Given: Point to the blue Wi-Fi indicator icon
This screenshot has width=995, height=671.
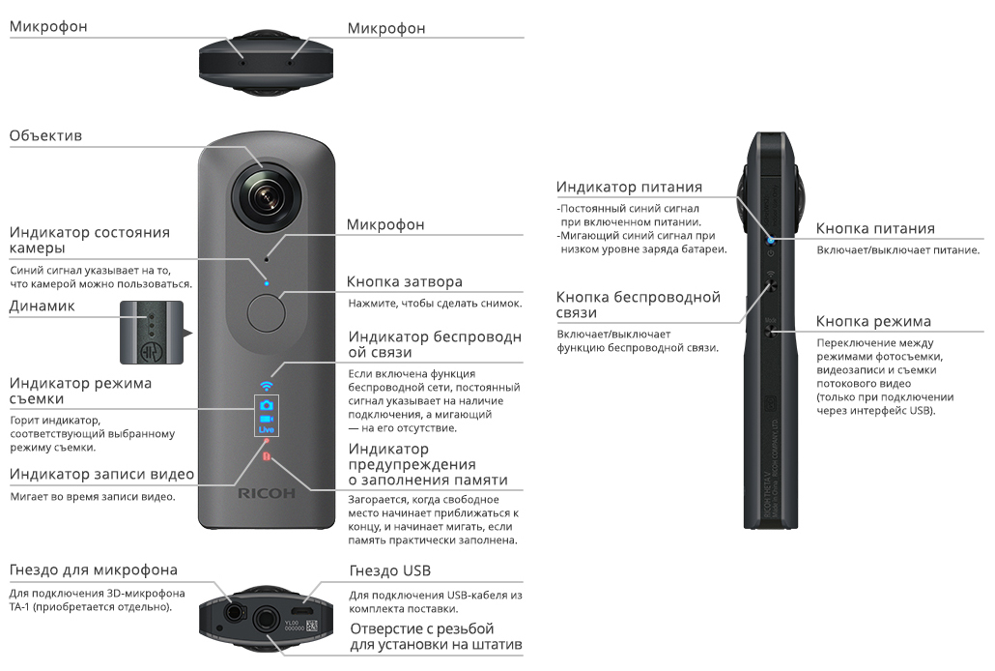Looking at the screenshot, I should (x=267, y=386).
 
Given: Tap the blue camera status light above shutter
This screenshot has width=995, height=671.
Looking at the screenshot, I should (x=267, y=284).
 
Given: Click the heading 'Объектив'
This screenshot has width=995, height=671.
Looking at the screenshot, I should (x=45, y=135).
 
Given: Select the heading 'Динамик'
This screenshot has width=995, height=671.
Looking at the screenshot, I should (x=43, y=306).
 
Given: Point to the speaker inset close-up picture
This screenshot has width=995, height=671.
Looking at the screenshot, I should (x=150, y=334).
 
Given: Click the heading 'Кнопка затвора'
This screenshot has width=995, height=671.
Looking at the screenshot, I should (x=405, y=281).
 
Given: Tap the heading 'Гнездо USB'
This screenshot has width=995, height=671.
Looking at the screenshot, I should (x=390, y=571).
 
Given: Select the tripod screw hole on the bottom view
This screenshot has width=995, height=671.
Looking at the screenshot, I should (x=264, y=616).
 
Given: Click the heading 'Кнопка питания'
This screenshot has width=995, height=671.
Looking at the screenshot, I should (x=875, y=228).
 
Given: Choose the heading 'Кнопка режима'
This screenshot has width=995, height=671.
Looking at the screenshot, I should (x=873, y=321).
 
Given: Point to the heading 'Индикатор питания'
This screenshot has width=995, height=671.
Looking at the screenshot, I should (x=629, y=187).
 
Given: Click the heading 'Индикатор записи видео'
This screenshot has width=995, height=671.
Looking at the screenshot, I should (x=102, y=474).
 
